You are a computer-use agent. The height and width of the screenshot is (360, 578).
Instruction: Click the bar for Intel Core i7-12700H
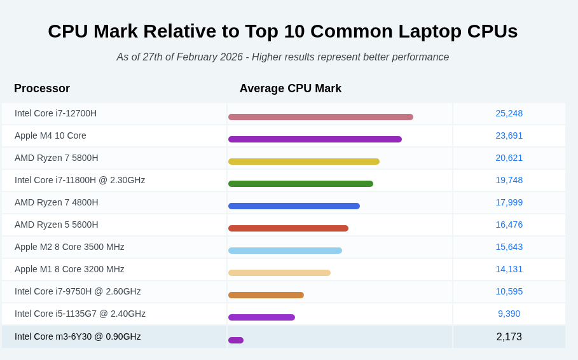click(x=320, y=117)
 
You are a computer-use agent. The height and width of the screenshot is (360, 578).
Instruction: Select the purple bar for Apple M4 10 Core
click(x=315, y=139)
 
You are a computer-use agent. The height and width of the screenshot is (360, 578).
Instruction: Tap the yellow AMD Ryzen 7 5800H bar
click(x=304, y=162)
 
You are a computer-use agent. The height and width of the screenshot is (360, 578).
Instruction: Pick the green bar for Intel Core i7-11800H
click(x=301, y=184)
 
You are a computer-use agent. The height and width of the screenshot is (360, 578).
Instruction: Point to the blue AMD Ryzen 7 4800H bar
click(x=294, y=206)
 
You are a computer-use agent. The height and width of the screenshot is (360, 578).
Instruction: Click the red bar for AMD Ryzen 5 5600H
click(x=288, y=228)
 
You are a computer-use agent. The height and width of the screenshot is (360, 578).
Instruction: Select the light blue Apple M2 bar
click(x=285, y=251)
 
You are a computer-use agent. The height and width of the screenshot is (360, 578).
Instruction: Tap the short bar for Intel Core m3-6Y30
click(x=236, y=340)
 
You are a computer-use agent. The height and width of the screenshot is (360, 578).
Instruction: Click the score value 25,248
click(x=509, y=113)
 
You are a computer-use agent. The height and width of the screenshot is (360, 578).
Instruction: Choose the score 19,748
click(x=509, y=180)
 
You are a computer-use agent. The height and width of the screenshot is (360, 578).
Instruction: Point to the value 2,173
click(x=509, y=336)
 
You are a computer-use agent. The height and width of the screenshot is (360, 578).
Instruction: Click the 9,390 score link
click(x=509, y=314)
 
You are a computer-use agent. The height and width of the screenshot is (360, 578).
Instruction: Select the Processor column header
click(x=42, y=88)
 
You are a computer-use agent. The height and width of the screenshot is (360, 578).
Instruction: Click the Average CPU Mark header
click(x=291, y=88)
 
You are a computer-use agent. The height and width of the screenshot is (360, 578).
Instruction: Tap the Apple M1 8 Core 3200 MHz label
click(x=69, y=269)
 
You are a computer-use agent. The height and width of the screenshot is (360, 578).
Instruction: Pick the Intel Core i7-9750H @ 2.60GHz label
click(x=78, y=291)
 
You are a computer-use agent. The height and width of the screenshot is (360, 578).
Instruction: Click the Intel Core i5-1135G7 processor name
click(x=80, y=314)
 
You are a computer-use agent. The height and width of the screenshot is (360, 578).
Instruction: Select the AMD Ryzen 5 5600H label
click(x=57, y=225)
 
